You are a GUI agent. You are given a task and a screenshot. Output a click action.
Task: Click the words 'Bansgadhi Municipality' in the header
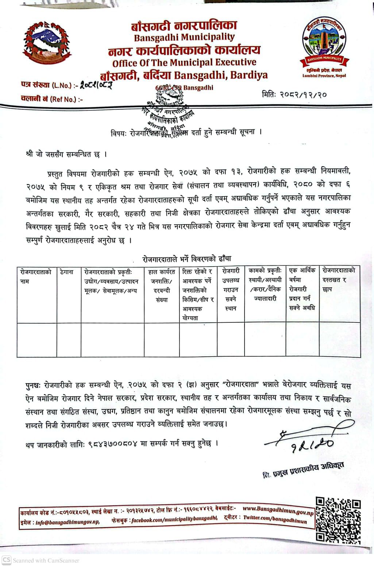click(184, 37)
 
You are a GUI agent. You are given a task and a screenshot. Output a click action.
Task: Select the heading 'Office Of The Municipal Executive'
click(184, 62)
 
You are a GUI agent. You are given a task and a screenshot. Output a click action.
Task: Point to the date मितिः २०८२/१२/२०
click(294, 94)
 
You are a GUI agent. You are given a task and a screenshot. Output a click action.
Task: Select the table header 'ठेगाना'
click(66, 272)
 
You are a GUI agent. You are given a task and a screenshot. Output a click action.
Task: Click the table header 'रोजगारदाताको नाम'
click(36, 276)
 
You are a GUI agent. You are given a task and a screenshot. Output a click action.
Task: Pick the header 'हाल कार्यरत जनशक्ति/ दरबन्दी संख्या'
click(162, 286)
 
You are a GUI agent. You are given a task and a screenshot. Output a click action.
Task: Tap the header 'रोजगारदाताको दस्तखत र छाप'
click(339, 280)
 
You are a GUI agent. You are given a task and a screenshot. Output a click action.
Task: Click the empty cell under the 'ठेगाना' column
click(69, 340)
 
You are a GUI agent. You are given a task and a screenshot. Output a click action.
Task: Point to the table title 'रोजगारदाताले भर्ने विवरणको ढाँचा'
click(187, 259)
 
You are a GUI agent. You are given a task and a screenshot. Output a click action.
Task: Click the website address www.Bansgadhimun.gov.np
click(278, 509)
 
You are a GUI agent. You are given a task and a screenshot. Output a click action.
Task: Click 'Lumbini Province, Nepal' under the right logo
click(324, 76)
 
